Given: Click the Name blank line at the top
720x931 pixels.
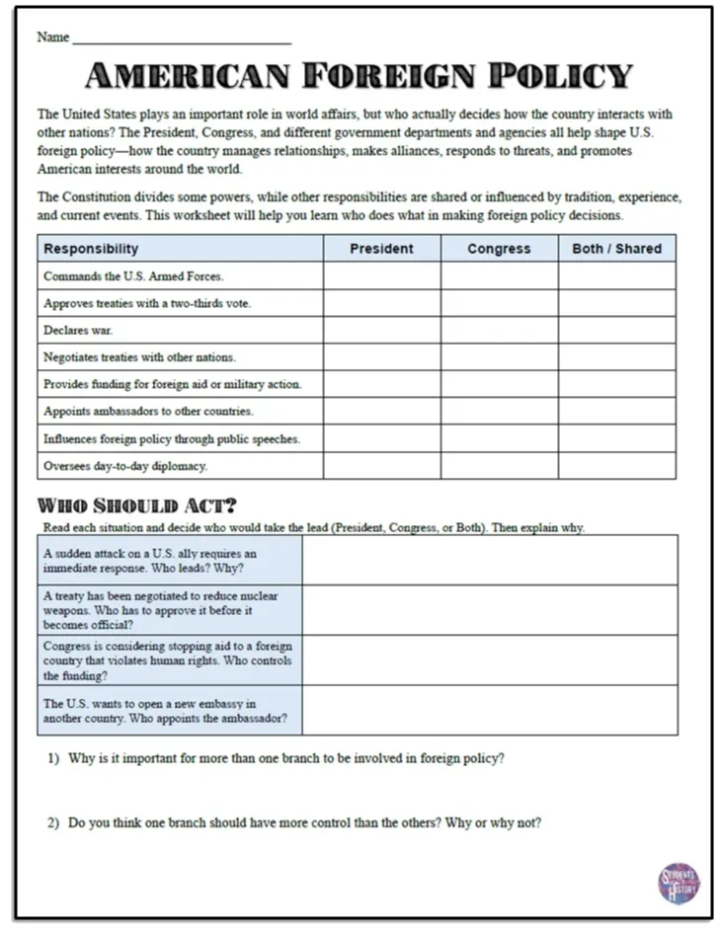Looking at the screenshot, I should (182, 39).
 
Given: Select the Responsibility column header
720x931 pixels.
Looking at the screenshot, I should (91, 249).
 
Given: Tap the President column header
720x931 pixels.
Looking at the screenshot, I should (381, 249).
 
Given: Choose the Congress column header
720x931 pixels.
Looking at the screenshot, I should (499, 249).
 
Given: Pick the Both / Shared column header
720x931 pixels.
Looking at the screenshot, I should (616, 249).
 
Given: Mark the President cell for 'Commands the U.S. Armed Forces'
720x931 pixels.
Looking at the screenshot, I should (381, 276).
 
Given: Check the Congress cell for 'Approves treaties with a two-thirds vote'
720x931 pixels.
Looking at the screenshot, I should (499, 303).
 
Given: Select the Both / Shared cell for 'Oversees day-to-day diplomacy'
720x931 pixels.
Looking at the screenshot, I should (616, 465).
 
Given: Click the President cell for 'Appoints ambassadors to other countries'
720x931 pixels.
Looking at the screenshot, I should (381, 411).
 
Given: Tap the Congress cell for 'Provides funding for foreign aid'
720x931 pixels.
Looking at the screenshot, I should (499, 384).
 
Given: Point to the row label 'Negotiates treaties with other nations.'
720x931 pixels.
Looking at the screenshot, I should (139, 357).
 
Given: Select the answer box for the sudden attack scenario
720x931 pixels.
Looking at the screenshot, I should (490, 560).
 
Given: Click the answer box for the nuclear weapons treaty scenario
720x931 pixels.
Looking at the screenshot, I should (490, 610).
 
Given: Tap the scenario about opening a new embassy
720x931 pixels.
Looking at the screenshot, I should (170, 711).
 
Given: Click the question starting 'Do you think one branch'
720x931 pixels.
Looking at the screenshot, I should (304, 823).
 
